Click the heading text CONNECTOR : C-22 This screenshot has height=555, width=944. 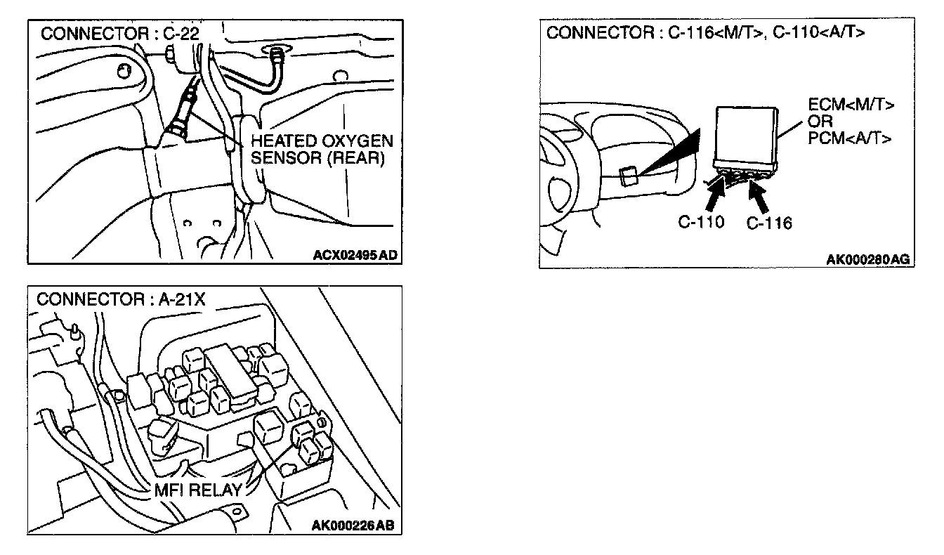coord(116,34)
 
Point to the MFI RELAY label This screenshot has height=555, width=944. coord(199,490)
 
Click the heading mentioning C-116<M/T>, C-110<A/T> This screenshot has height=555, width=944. coord(705,34)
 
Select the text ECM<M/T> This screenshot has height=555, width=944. coord(851,107)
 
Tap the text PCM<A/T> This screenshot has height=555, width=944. coord(851,138)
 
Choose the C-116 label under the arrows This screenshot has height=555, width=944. coord(768,223)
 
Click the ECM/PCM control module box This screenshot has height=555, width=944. coord(745,136)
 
